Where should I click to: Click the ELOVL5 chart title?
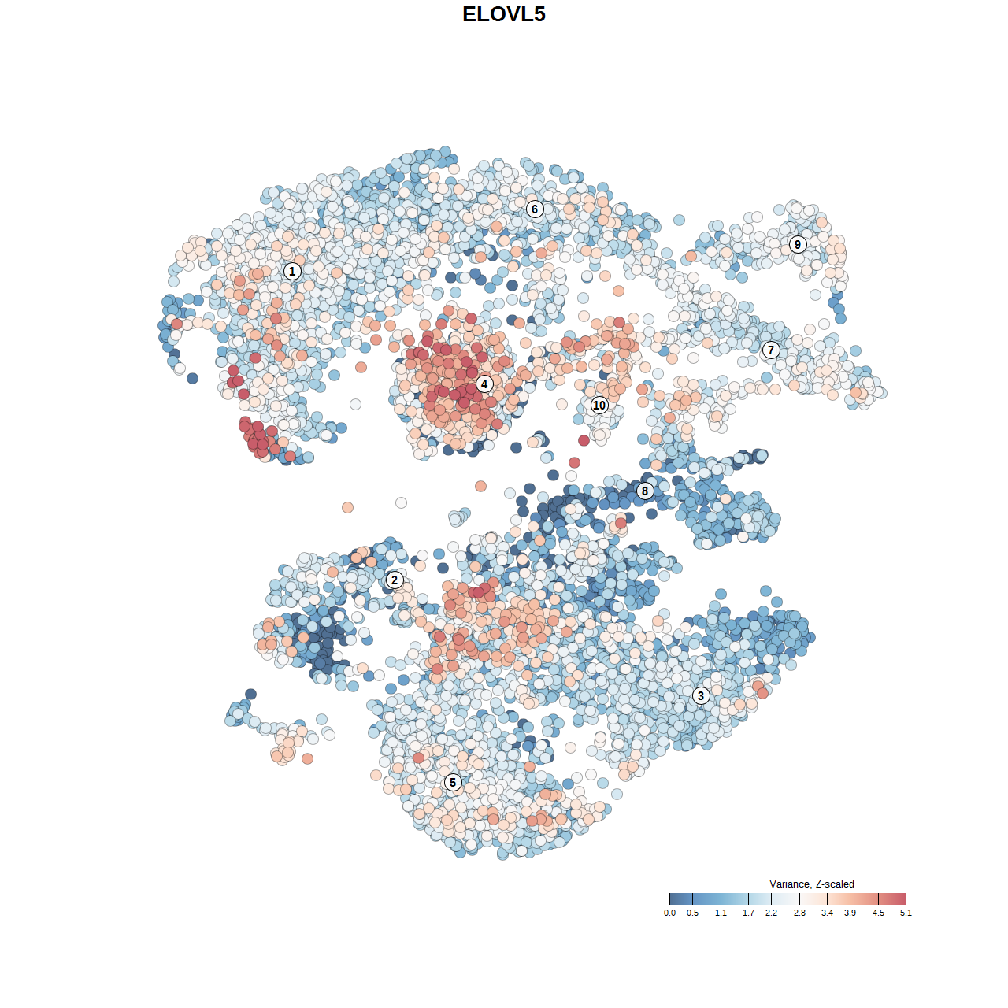(x=504, y=14)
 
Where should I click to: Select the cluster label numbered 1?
(x=292, y=272)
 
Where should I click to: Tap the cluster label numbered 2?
(x=395, y=580)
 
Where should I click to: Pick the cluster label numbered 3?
(x=701, y=695)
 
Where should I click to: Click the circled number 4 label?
(x=484, y=384)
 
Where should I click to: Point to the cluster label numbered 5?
(x=453, y=782)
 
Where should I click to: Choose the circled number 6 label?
(x=535, y=209)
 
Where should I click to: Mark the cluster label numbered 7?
(x=771, y=350)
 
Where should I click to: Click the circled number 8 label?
(x=645, y=491)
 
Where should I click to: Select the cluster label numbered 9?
(x=798, y=244)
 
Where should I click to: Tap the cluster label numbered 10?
(x=599, y=405)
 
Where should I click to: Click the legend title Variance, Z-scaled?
(x=811, y=884)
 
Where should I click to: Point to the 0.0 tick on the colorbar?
(x=669, y=913)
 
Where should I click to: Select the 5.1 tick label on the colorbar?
(x=906, y=913)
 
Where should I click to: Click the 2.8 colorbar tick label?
(x=799, y=913)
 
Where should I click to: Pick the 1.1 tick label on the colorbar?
(x=721, y=913)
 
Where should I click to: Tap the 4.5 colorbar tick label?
(x=878, y=913)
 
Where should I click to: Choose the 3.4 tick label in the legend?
(x=827, y=913)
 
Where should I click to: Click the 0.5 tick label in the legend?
(x=692, y=913)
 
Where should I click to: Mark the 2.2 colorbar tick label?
(x=771, y=913)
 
